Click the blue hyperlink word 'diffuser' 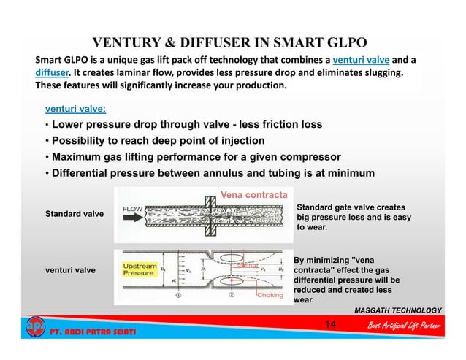[x=52, y=73]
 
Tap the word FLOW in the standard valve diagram [x=133, y=210]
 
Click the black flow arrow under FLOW [x=131, y=218]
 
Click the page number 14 [x=330, y=324]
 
